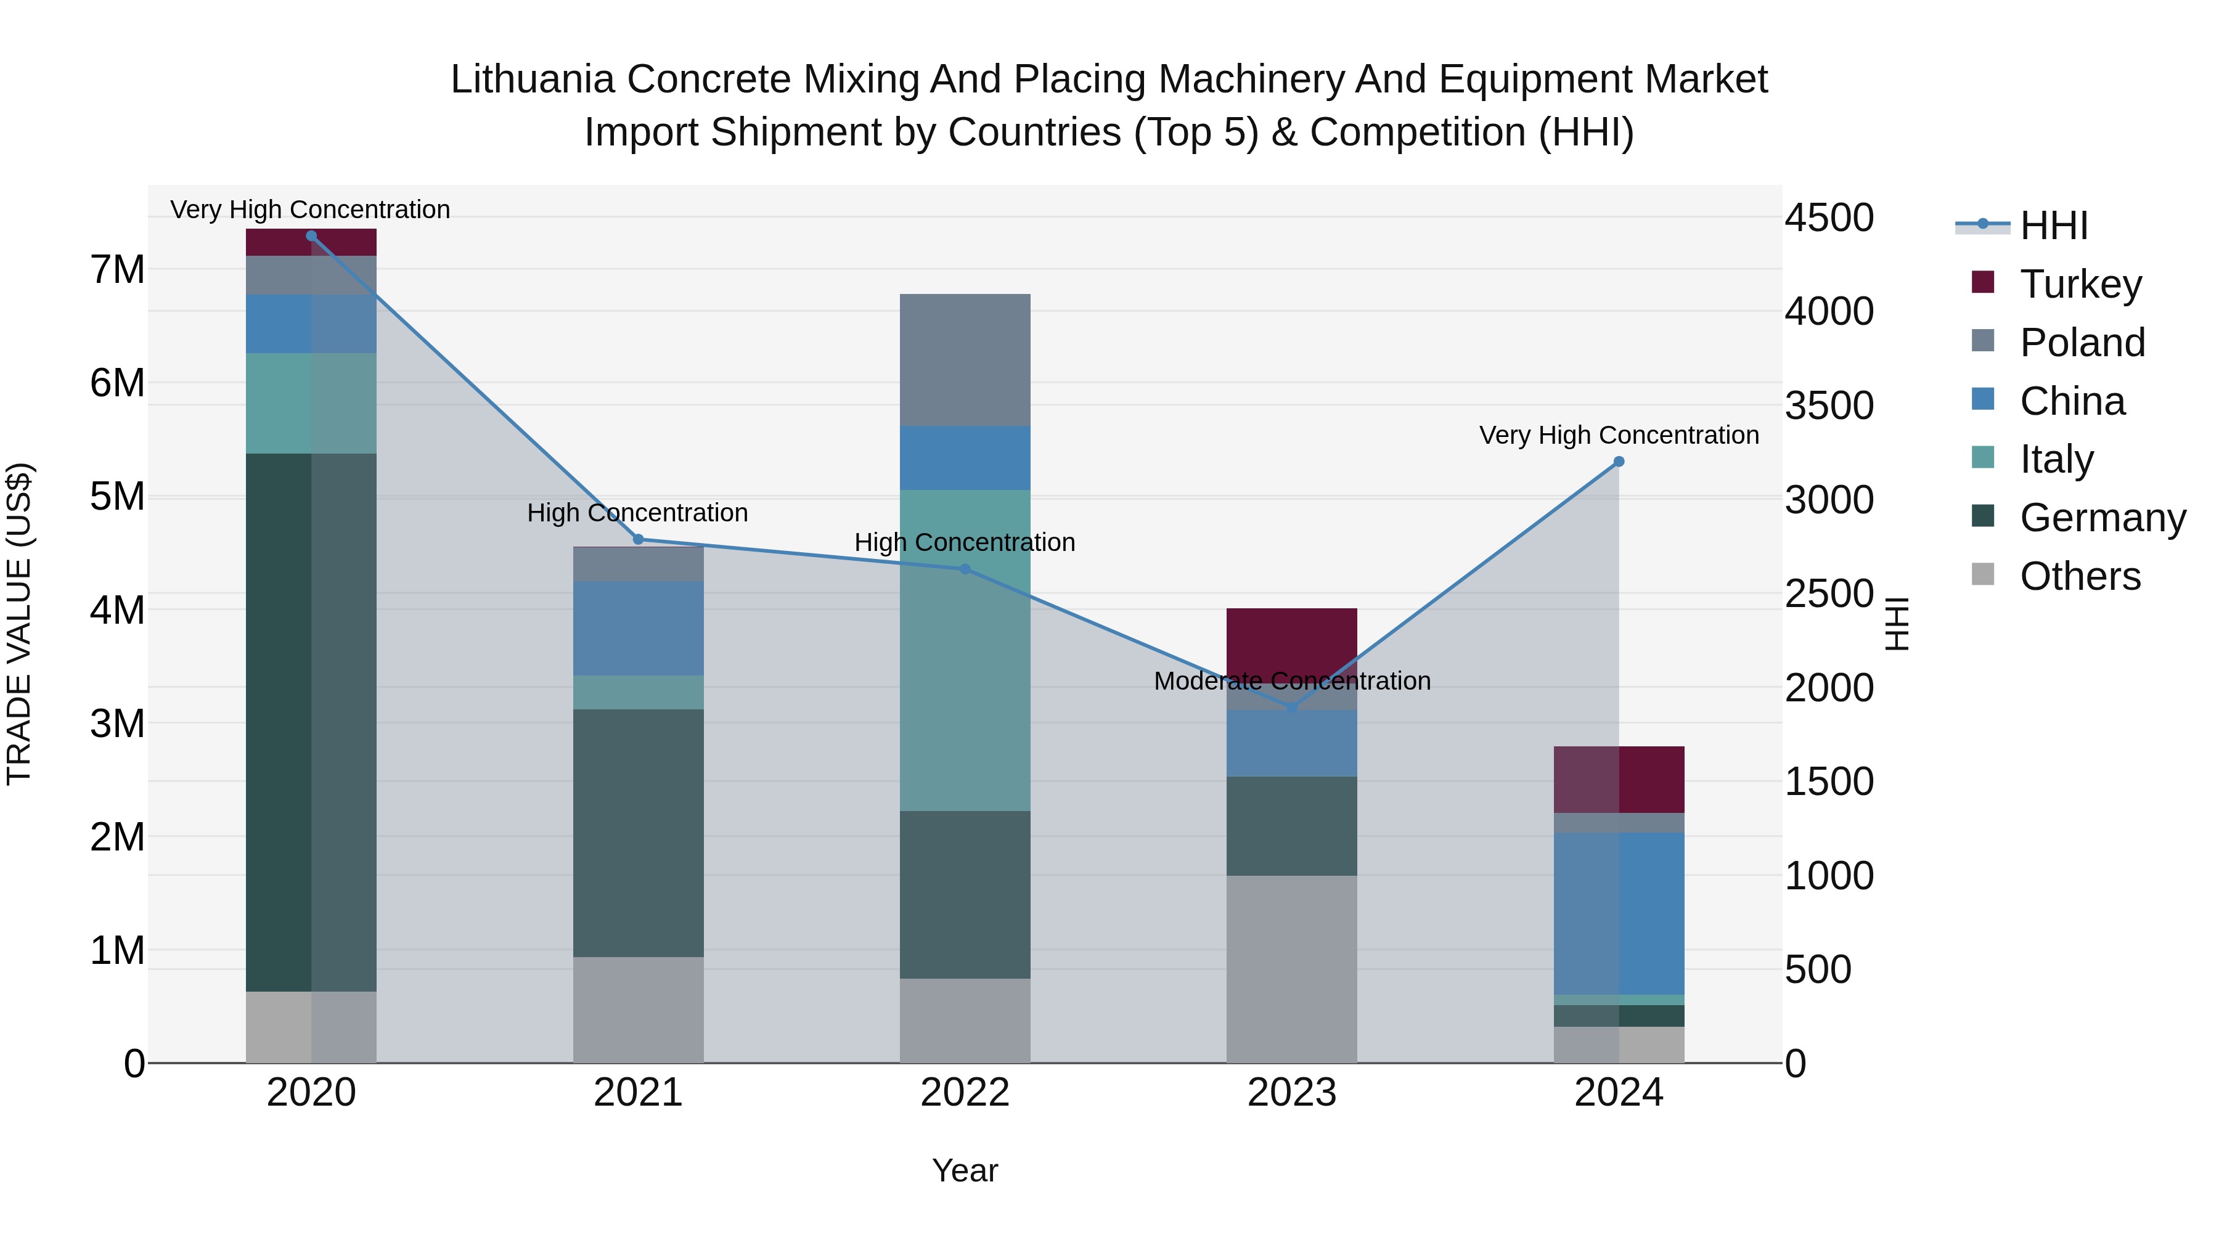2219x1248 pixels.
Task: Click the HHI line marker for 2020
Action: pyautogui.click(x=311, y=235)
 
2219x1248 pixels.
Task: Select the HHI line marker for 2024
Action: pyautogui.click(x=1619, y=462)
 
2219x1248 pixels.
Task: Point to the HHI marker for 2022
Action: pyautogui.click(x=965, y=569)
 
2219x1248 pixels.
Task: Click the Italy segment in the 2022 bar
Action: pyautogui.click(x=965, y=650)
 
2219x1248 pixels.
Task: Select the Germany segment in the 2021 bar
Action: pyautogui.click(x=639, y=833)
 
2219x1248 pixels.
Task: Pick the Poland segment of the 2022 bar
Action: pyautogui.click(x=965, y=359)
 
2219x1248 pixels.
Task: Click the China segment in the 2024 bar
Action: pyautogui.click(x=1619, y=913)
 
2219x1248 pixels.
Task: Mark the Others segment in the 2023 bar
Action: pyautogui.click(x=1291, y=969)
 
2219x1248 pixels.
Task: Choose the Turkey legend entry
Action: pyautogui.click(x=2080, y=284)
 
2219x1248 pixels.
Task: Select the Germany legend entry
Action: pyautogui.click(x=2102, y=518)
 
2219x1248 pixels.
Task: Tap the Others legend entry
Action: pyautogui.click(x=2080, y=576)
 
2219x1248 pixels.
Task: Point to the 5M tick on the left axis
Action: pyautogui.click(x=117, y=496)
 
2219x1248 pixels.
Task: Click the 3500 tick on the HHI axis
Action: pyautogui.click(x=1829, y=405)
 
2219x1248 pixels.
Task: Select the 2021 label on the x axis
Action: pyautogui.click(x=639, y=1093)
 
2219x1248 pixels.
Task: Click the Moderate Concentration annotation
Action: pyautogui.click(x=1291, y=680)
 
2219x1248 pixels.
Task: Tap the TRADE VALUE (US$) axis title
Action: pyautogui.click(x=19, y=624)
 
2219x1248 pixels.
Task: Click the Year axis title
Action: pyautogui.click(x=965, y=1170)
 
